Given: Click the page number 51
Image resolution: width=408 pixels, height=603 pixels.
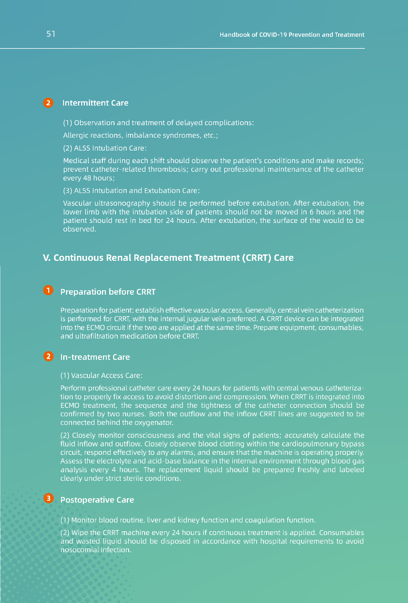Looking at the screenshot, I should tap(51, 34).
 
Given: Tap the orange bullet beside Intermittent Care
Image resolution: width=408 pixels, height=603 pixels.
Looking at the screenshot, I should tap(48, 103).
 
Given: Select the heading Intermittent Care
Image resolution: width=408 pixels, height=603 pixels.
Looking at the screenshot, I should tap(95, 103).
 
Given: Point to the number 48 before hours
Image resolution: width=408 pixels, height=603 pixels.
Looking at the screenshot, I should tap(87, 178).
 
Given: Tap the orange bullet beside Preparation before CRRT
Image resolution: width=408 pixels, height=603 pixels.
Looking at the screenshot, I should tap(48, 291).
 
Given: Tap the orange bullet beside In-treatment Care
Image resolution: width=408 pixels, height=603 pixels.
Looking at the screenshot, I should tap(48, 356).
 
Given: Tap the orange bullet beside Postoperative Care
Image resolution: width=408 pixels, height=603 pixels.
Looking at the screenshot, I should tap(48, 498).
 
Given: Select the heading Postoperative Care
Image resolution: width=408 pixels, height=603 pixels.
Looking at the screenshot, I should tap(97, 500).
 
